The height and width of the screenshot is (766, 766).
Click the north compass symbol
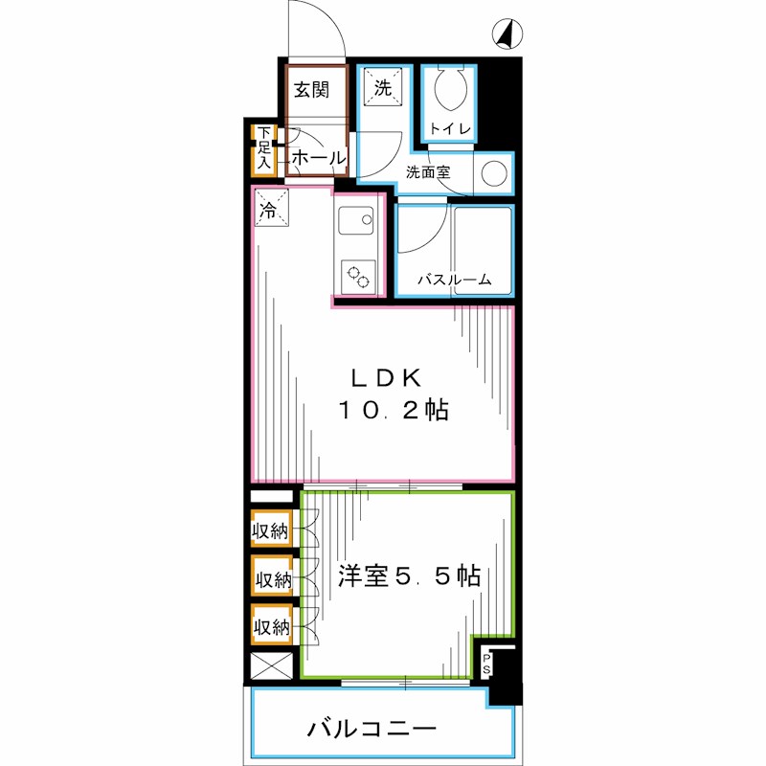point(507,34)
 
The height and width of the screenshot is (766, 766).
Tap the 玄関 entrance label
point(311,91)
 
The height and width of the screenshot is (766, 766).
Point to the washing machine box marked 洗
point(383,90)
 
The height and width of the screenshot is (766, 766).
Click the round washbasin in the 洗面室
point(493,173)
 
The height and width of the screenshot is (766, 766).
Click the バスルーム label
point(454,281)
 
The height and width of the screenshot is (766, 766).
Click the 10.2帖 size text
point(393,411)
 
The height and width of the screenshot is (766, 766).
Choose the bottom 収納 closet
point(271,627)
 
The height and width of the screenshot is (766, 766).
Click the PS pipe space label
point(486,663)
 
